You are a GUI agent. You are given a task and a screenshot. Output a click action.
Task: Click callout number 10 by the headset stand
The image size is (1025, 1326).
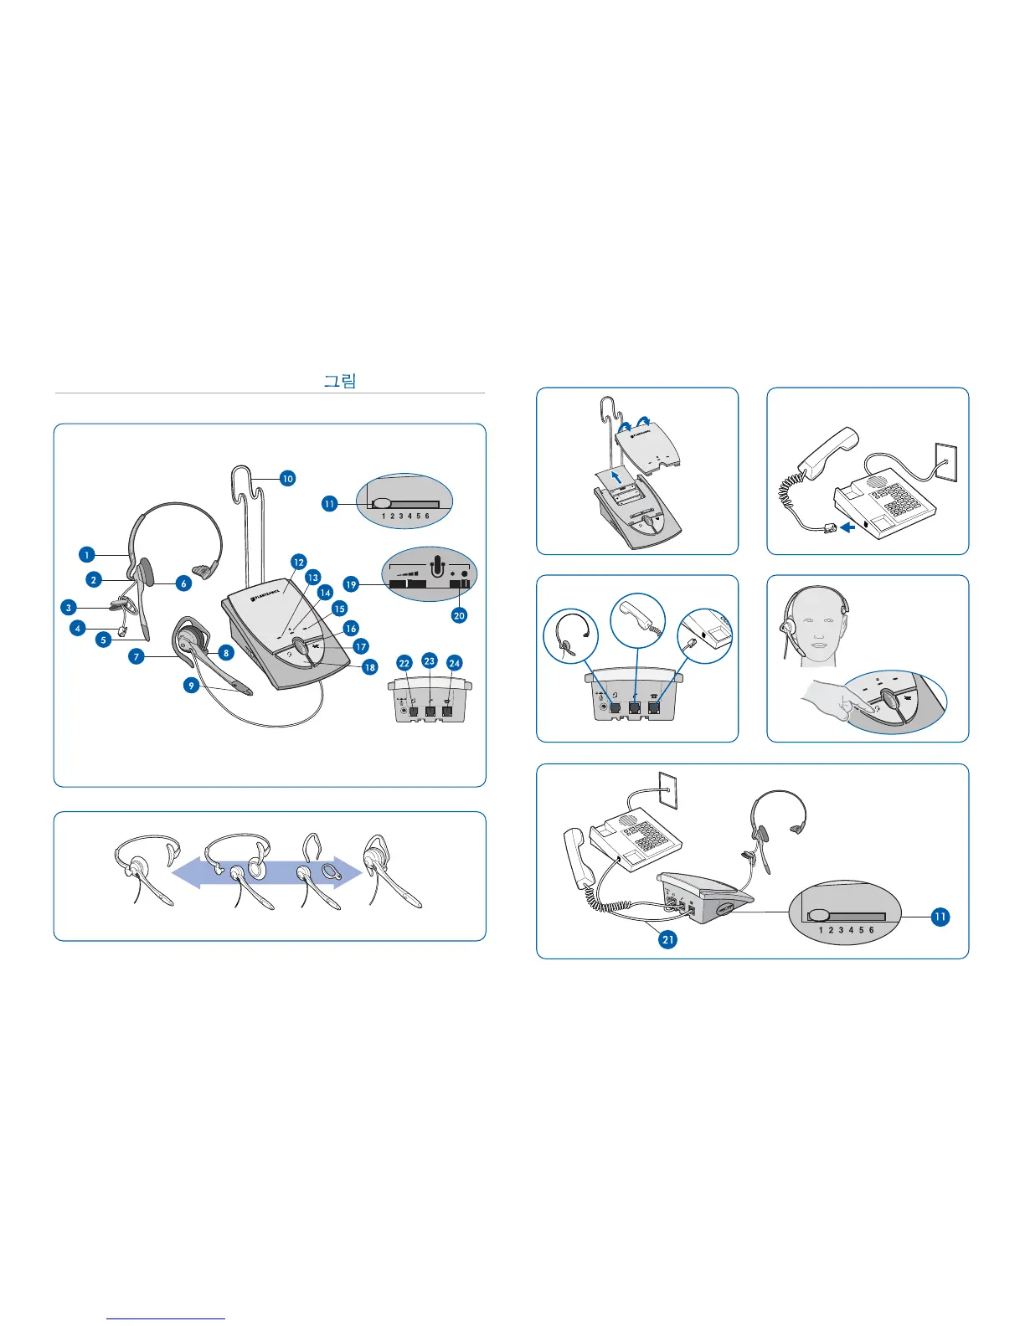pos(287,479)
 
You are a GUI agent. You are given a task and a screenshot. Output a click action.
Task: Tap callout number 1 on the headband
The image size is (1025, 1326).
pos(86,554)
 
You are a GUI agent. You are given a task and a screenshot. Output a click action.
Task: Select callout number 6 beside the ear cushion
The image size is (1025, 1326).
pos(183,583)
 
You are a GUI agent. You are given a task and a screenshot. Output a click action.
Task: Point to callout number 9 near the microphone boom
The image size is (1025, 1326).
pos(192,685)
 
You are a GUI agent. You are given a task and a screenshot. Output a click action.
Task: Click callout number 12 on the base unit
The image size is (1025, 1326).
pos(298,563)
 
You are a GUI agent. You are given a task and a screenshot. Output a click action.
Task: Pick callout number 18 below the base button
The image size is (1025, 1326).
pos(369,667)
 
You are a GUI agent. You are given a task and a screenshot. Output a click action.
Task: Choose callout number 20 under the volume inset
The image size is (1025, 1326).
pos(459,615)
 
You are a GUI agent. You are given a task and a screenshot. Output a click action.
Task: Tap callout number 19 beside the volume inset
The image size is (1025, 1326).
pos(351,584)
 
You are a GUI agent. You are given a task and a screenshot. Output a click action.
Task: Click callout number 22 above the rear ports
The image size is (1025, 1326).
pos(404,663)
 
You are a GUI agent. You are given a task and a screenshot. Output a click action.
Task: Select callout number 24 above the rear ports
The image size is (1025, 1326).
pos(455,663)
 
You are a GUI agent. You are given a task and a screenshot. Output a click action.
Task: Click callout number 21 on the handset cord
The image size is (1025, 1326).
pos(667,939)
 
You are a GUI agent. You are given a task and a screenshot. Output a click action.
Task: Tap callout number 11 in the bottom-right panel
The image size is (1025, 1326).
pos(940,917)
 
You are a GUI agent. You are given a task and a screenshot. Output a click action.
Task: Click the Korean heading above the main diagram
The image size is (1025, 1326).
pos(340,381)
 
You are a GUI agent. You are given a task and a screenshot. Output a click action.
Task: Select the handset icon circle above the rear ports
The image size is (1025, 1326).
pos(638,620)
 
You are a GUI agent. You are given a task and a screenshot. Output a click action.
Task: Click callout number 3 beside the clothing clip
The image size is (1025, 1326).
pos(70,607)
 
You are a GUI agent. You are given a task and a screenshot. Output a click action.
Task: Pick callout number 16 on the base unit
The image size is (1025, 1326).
pos(351,628)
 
